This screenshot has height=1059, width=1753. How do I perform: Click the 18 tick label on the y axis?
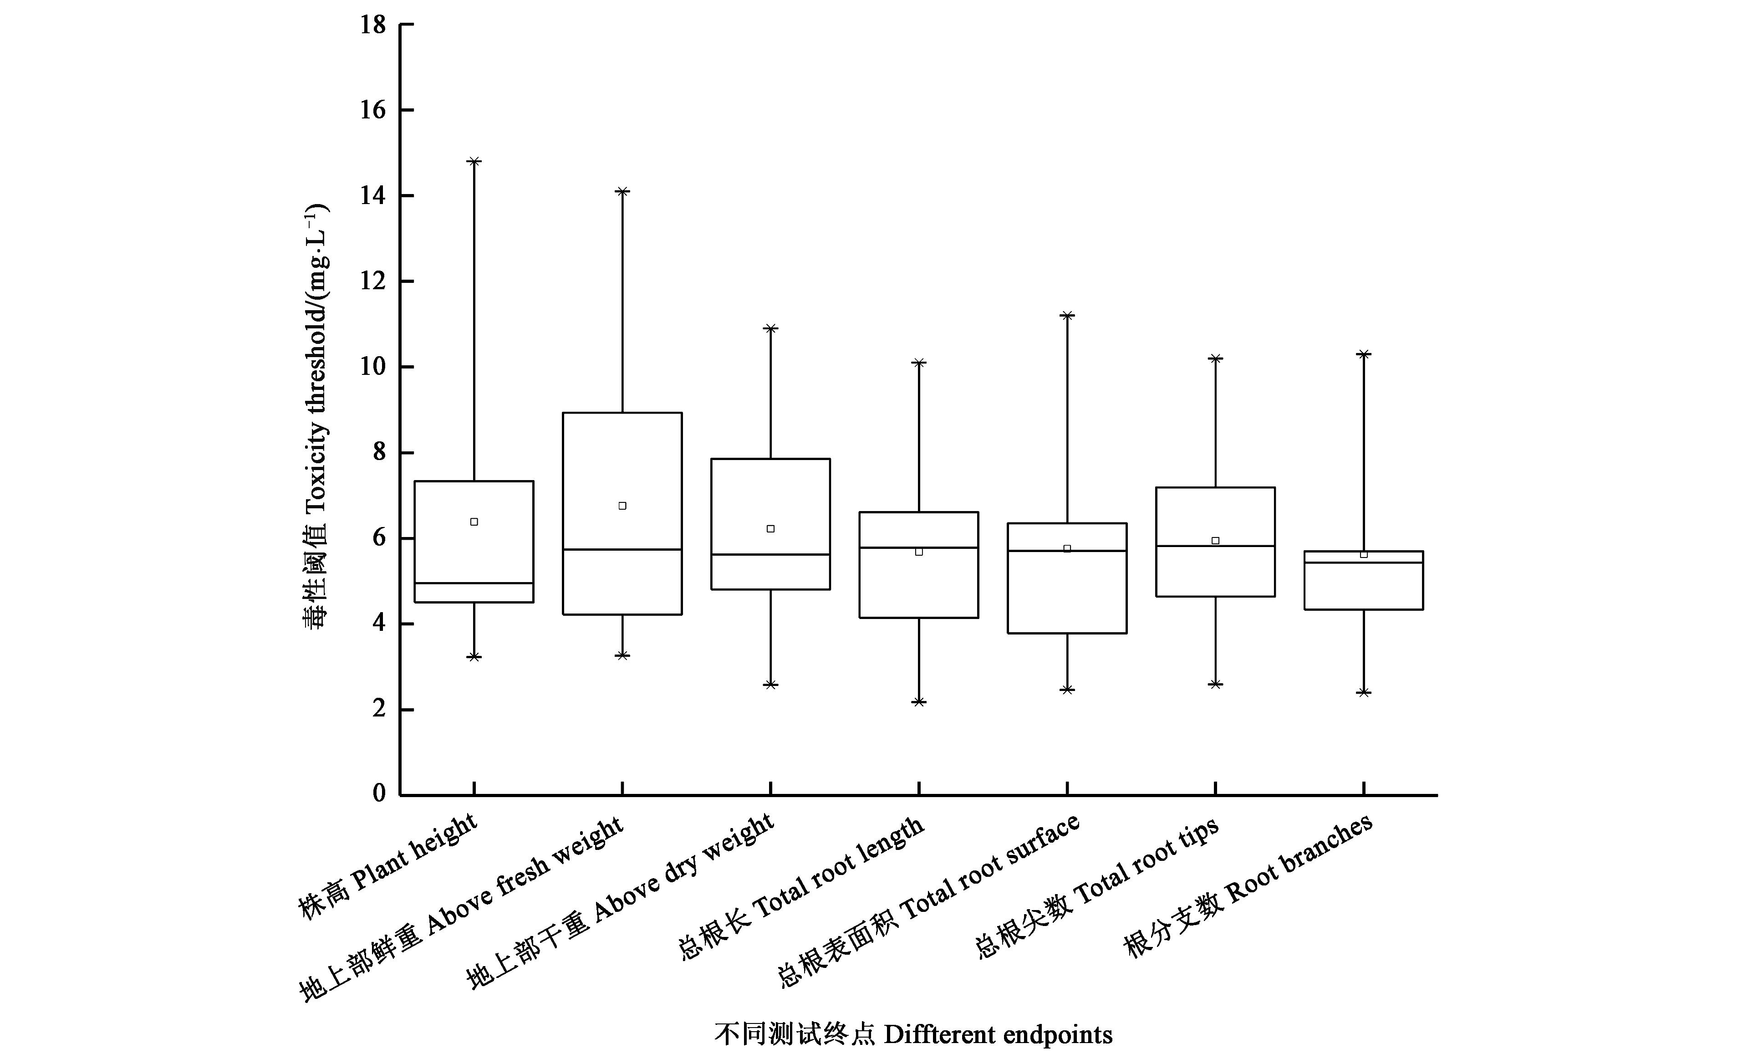click(x=373, y=26)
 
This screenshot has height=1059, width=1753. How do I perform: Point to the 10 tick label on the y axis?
click(x=373, y=367)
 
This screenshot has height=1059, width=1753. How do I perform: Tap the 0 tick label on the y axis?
click(x=379, y=793)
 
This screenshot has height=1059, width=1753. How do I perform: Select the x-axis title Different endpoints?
click(x=913, y=1034)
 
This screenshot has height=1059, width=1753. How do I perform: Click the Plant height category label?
click(x=388, y=866)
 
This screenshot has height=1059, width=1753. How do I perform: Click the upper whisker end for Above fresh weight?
click(x=622, y=191)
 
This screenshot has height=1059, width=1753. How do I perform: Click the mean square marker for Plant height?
click(x=474, y=522)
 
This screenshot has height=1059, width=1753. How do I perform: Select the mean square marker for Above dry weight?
click(x=770, y=529)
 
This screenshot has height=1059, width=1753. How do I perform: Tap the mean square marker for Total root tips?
click(x=1215, y=541)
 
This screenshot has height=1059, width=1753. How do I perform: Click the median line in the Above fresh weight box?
click(x=622, y=549)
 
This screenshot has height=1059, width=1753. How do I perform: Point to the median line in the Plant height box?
click(x=474, y=583)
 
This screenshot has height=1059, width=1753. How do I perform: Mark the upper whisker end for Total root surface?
click(x=1067, y=315)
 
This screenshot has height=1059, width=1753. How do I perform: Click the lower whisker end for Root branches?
click(x=1364, y=692)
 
